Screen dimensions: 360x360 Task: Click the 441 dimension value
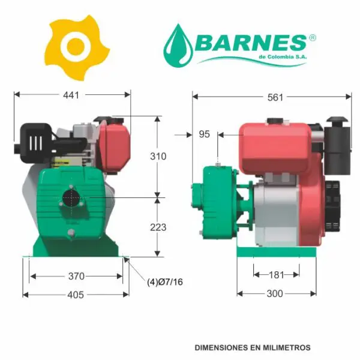[x=71, y=95]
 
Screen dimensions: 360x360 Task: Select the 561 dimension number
[x=275, y=98]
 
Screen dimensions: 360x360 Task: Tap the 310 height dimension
[x=158, y=157]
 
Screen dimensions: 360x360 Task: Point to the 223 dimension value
[x=158, y=227]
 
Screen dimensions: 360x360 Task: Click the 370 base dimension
[x=76, y=276]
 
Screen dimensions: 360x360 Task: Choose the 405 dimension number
[x=76, y=295]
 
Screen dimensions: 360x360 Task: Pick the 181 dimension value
[x=277, y=275]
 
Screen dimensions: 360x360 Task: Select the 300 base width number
[x=275, y=293]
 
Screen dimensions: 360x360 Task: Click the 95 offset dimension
[x=205, y=134]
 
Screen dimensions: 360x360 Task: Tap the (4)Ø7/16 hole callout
[x=165, y=282]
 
